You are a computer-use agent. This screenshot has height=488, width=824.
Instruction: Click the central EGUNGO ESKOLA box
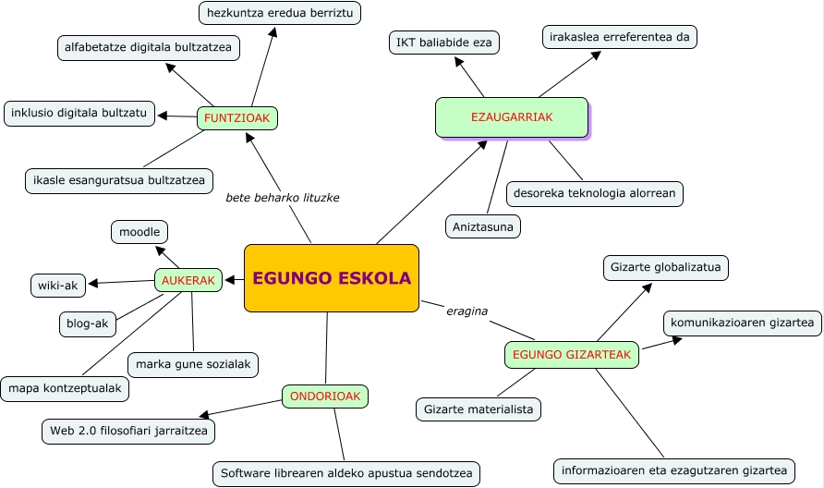(331, 277)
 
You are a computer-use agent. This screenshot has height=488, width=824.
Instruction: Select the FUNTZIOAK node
(237, 118)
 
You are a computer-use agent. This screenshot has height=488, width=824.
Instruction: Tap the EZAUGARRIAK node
(511, 117)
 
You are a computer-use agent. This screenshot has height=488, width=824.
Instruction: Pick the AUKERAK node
(188, 280)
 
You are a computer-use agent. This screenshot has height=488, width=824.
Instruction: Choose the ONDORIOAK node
(324, 396)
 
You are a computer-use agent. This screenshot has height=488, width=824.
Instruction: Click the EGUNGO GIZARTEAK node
(572, 354)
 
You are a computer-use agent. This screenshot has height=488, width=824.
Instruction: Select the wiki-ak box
(58, 285)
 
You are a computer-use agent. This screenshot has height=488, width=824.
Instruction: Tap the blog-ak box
(87, 323)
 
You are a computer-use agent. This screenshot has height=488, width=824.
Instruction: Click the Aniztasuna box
(483, 226)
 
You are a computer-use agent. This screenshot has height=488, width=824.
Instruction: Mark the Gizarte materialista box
(478, 409)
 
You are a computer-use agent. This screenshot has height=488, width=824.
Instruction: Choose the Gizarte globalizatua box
(666, 268)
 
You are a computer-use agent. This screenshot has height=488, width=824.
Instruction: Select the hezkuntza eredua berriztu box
(279, 13)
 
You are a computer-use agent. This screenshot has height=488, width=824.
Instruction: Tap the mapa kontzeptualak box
(65, 389)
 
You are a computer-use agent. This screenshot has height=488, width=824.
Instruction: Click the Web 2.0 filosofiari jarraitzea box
(128, 431)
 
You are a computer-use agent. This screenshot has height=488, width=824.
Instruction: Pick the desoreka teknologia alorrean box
(594, 193)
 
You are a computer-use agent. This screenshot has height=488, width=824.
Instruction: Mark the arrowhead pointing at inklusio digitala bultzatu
(163, 116)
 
